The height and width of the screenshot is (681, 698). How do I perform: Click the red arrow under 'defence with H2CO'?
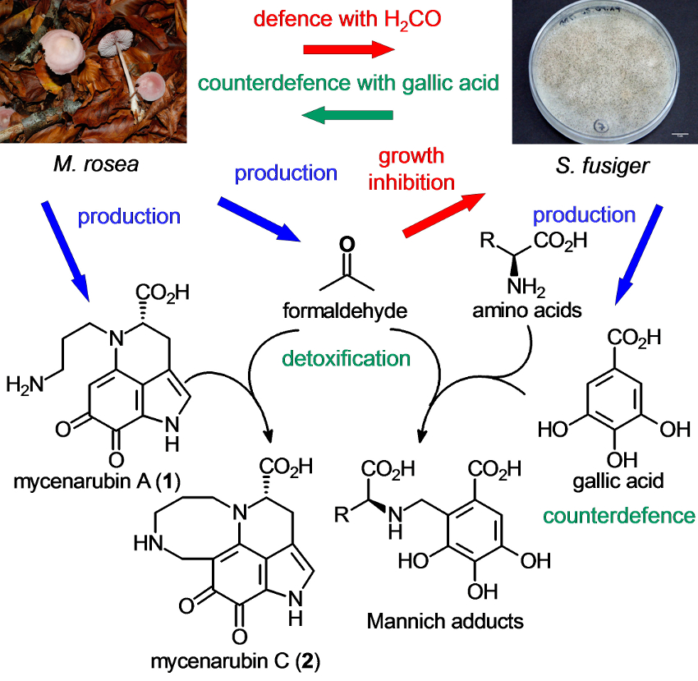348,50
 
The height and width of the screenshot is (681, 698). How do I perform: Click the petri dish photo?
604,72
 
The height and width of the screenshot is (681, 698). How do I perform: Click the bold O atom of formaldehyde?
346,245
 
